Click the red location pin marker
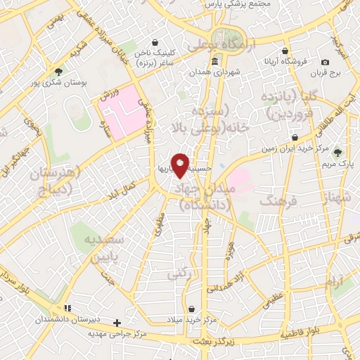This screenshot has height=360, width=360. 180,165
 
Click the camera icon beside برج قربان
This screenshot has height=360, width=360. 326,63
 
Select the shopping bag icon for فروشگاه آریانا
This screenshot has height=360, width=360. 284,51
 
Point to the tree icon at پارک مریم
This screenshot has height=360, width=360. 338,152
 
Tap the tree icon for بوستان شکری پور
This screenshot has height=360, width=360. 59,70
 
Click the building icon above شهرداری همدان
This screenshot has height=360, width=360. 213,60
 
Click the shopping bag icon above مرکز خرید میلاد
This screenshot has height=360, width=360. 192,309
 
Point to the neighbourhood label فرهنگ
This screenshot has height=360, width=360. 274,202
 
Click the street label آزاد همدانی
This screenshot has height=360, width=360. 250,279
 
